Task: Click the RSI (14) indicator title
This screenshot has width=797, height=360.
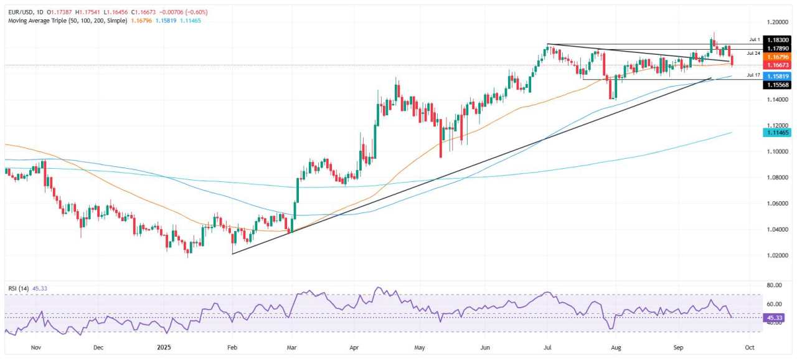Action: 19,288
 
